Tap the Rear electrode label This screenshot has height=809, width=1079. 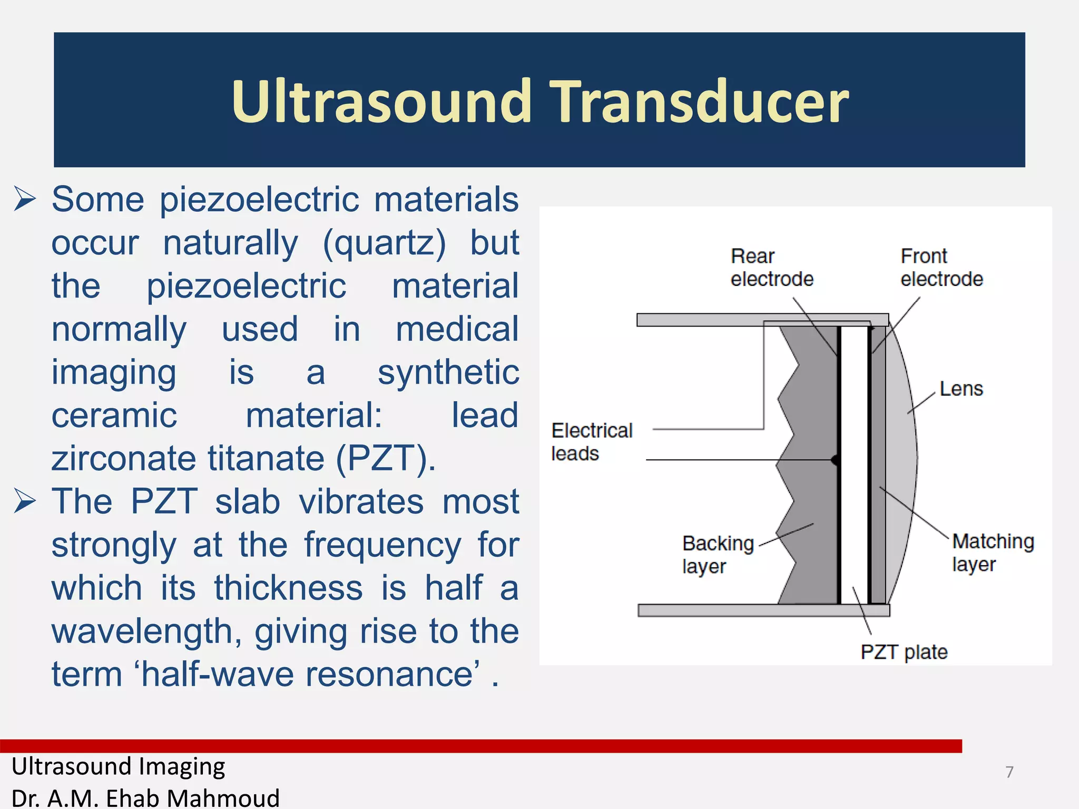click(771, 268)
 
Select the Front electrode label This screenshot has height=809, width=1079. click(941, 268)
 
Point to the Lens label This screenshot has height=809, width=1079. click(961, 389)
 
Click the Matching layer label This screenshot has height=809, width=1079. click(993, 552)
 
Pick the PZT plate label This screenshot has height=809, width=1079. click(904, 652)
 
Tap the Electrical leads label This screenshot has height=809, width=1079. click(591, 441)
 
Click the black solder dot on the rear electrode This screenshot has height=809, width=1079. click(835, 460)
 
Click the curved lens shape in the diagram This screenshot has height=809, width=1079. click(902, 463)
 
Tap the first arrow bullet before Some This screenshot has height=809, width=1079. click(25, 200)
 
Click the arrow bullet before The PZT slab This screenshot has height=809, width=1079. click(25, 501)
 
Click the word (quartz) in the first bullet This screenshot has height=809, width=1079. click(384, 244)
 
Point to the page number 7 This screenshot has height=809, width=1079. click(1009, 772)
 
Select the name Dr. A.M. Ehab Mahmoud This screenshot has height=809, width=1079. click(145, 797)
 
